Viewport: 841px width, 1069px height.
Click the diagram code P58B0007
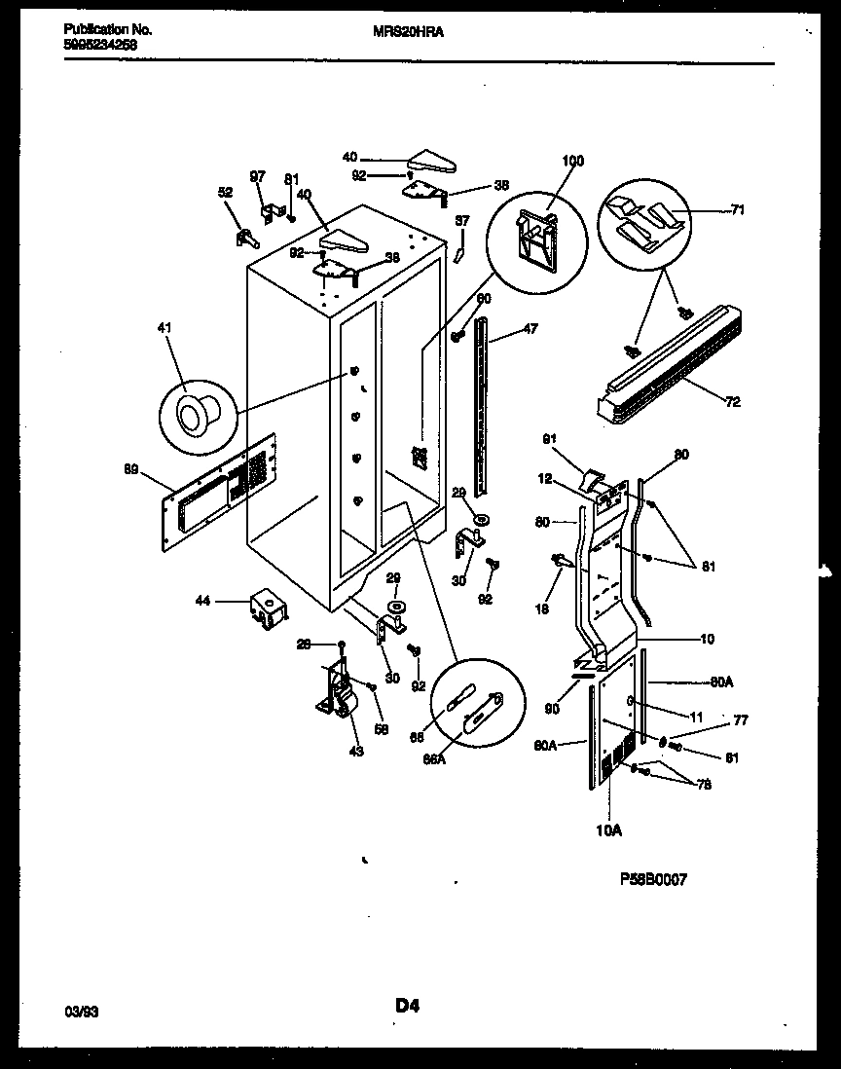pyautogui.click(x=653, y=879)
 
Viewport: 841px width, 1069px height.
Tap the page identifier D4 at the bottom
pyautogui.click(x=407, y=1006)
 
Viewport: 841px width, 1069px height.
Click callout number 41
pyautogui.click(x=164, y=329)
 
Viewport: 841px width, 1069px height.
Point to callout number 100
pyautogui.click(x=573, y=162)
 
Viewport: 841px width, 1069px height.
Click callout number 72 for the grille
pyautogui.click(x=731, y=401)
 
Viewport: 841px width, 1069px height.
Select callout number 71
pyautogui.click(x=739, y=209)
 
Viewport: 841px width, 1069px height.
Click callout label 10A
pyautogui.click(x=609, y=830)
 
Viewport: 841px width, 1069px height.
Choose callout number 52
pyautogui.click(x=226, y=193)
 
